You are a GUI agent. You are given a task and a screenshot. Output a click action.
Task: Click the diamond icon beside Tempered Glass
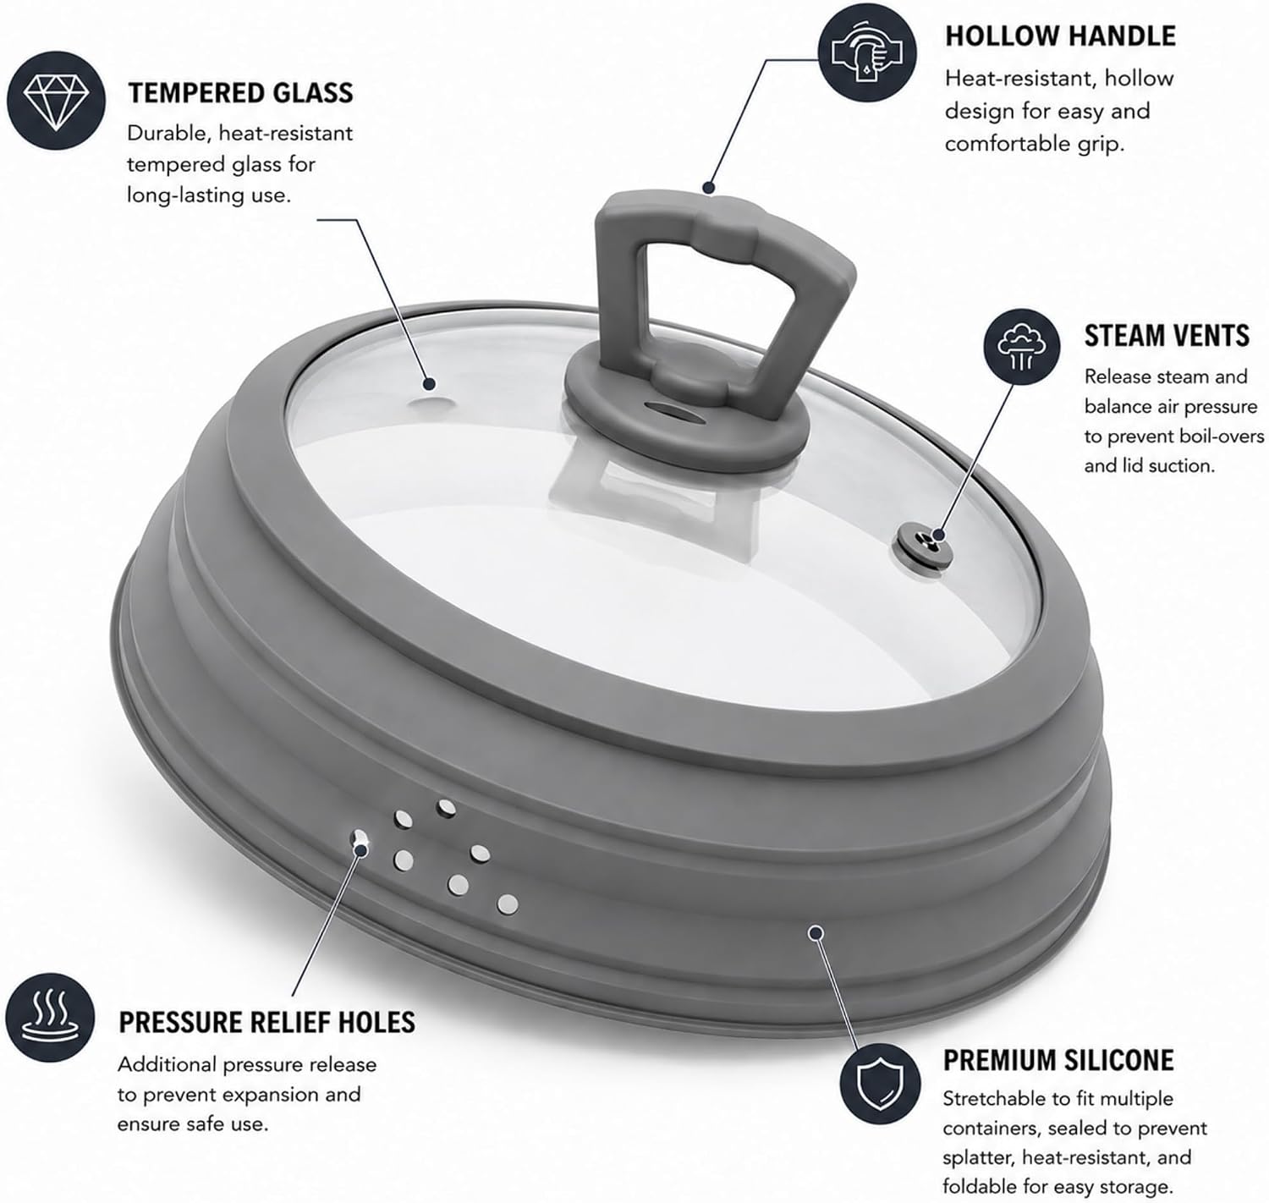pos(56,101)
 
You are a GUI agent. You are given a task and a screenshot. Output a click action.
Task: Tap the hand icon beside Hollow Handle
pos(867,52)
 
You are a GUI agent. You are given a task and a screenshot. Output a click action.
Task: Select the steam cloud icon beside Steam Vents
pos(1021,346)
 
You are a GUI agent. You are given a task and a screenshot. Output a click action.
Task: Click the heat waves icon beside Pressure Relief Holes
pos(51,1019)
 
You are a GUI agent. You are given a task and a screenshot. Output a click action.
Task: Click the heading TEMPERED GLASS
pos(240,93)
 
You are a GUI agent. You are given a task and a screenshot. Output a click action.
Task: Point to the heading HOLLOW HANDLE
pos(1060,36)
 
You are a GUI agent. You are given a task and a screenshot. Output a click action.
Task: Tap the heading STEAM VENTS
pos(1167,336)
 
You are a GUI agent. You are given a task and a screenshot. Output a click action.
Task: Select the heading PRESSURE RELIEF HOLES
pos(267,1022)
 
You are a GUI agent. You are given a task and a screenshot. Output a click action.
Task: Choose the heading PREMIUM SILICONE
pos(1058,1060)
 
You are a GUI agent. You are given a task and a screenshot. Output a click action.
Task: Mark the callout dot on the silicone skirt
pos(816,932)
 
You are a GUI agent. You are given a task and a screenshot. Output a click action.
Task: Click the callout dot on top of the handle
pos(709,187)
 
